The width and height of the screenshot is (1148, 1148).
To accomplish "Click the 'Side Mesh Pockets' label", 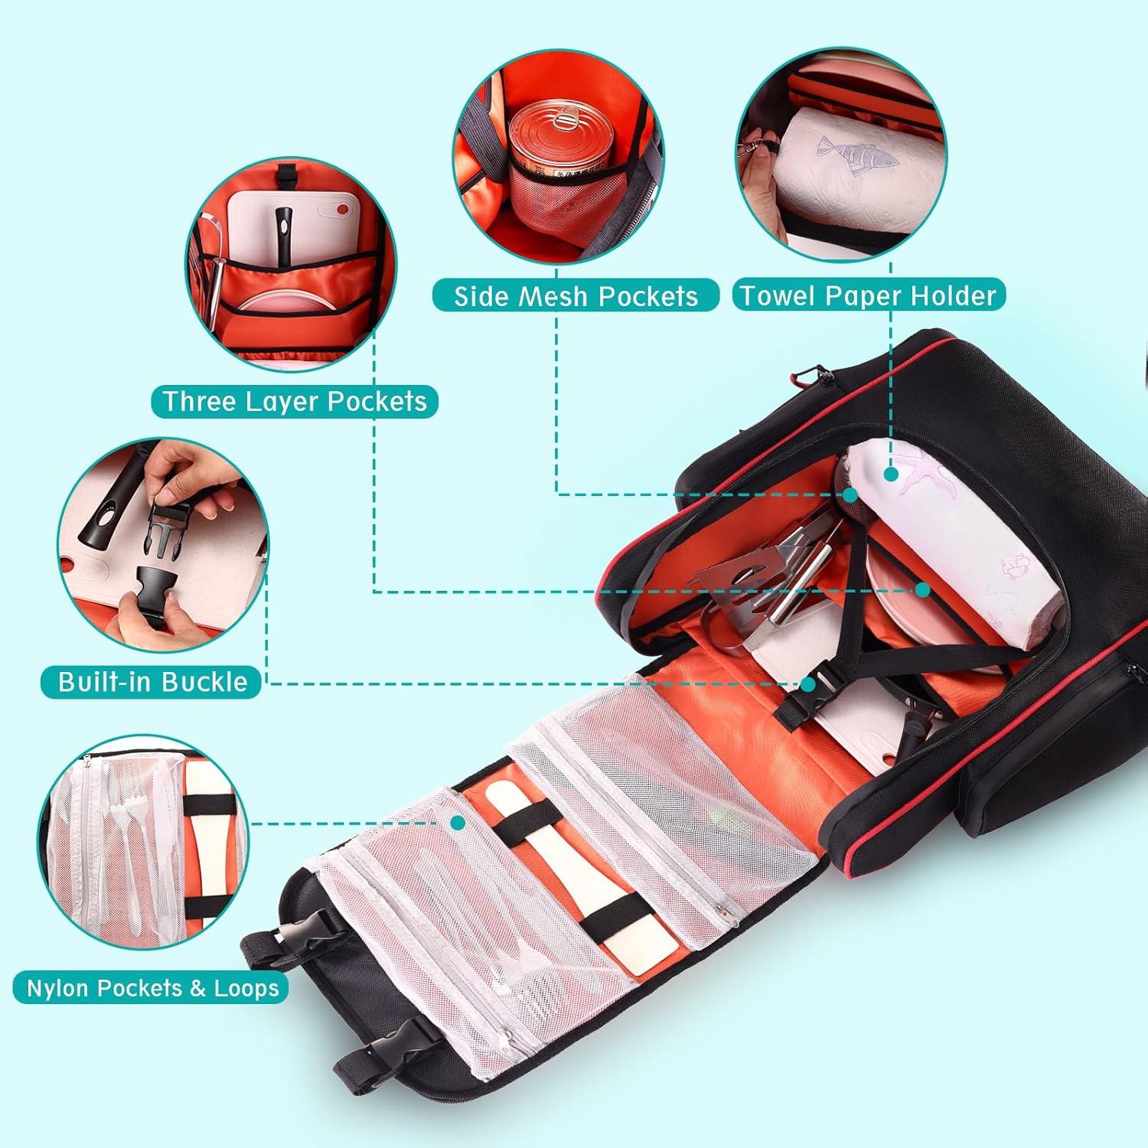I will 576,296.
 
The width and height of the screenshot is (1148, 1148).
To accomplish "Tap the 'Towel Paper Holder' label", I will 868,295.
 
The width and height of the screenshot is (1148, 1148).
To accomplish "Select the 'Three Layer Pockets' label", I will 295,401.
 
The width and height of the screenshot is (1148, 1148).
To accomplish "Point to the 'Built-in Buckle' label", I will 152,682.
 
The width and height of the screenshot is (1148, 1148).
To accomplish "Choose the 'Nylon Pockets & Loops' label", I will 152,988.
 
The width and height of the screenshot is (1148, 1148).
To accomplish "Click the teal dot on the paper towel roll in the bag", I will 891,475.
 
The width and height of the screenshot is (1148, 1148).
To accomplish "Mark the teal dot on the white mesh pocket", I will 458,823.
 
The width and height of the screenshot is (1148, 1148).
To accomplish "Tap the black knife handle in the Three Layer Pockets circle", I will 284,230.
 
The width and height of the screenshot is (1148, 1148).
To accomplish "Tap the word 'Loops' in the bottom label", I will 246,988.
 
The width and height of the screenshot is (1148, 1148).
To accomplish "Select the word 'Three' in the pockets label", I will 201,401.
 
